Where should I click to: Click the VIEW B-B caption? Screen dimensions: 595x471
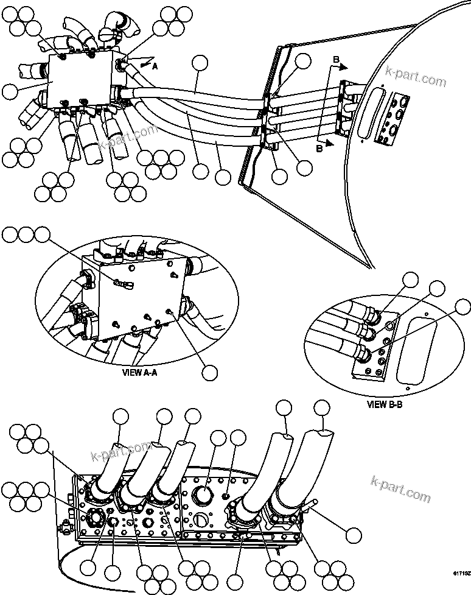click(x=385, y=403)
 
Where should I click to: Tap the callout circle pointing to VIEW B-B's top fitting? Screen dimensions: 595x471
click(x=411, y=280)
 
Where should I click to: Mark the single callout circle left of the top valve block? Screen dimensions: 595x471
click(x=10, y=92)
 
